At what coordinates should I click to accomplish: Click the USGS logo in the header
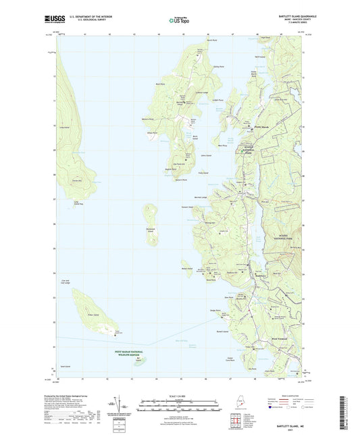53,20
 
